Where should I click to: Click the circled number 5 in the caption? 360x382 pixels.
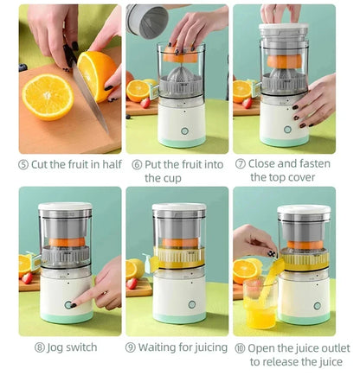click(x=23, y=164)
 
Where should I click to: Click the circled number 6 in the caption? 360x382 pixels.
click(x=136, y=164)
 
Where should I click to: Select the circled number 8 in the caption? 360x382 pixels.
click(x=40, y=347)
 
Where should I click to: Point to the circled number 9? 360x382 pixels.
click(x=131, y=347)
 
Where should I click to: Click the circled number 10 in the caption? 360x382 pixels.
click(x=238, y=347)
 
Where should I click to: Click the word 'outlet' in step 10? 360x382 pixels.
click(x=333, y=347)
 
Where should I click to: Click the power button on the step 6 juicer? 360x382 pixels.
click(x=183, y=131)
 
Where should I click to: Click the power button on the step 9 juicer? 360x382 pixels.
click(x=180, y=306)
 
